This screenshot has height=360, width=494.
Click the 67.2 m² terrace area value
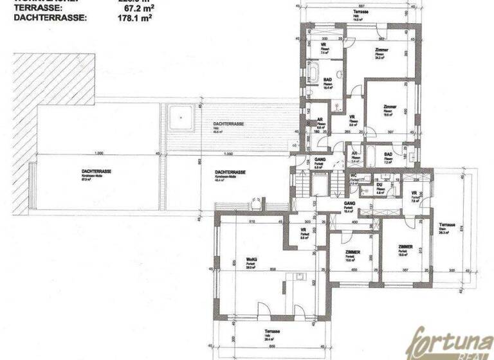(136, 10)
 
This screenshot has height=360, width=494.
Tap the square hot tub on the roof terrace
(183, 118)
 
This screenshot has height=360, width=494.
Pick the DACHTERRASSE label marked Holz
(228, 125)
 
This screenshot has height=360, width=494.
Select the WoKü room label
(252, 262)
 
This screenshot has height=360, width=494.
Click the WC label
(353, 175)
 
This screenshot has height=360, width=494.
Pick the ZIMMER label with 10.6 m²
(352, 253)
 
